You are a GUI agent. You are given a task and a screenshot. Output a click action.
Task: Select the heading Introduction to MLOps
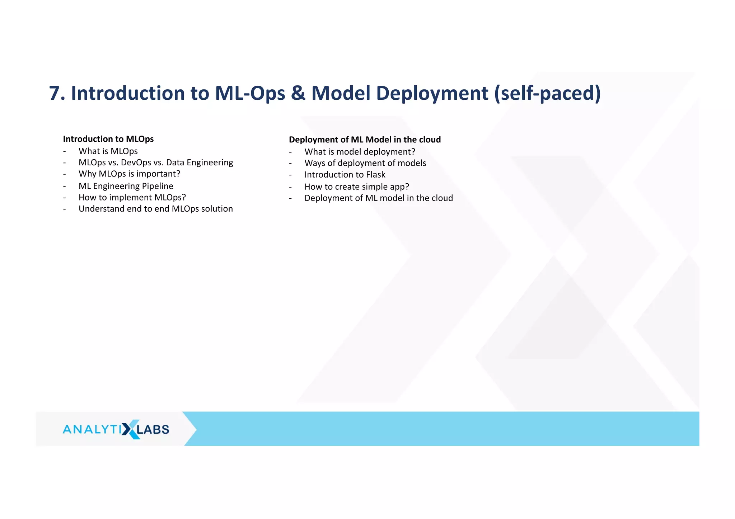(x=108, y=139)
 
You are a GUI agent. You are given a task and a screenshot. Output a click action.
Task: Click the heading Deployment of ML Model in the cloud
(x=365, y=140)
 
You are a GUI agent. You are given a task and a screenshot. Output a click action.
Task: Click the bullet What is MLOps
(x=108, y=151)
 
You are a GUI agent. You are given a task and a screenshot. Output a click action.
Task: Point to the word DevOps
(x=136, y=163)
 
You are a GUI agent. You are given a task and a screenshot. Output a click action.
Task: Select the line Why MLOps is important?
(x=129, y=174)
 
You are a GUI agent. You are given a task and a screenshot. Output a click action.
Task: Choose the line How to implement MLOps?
(x=132, y=198)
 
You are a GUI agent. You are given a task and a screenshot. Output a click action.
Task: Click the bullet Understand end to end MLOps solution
(x=155, y=209)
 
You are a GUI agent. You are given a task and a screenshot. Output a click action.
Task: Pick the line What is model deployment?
(x=360, y=152)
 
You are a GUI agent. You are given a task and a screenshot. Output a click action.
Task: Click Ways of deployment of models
(x=365, y=164)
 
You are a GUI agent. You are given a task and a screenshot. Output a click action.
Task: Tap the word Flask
(x=375, y=175)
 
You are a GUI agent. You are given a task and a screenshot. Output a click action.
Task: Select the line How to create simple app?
(x=356, y=187)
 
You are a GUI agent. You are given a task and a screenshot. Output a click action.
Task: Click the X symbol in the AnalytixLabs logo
(x=130, y=429)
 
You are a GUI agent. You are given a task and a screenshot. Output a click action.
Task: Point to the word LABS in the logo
(x=153, y=430)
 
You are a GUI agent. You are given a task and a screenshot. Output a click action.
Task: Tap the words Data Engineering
(x=200, y=163)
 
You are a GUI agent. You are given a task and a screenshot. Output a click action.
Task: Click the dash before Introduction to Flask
(x=290, y=175)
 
